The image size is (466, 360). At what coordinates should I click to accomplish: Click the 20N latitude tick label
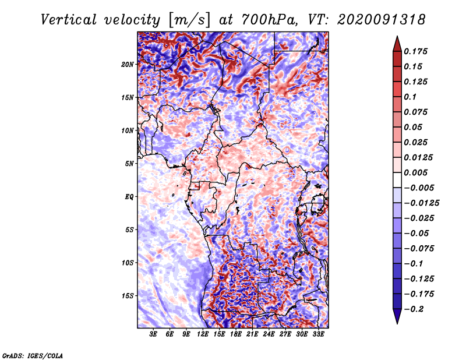pyautogui.click(x=128, y=64)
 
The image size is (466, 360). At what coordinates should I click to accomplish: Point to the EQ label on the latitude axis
pyautogui.click(x=129, y=196)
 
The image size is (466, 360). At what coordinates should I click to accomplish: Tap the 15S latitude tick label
pyautogui.click(x=128, y=295)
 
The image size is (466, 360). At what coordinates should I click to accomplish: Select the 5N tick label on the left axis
pyautogui.click(x=130, y=163)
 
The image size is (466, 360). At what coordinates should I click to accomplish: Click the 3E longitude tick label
pyautogui.click(x=154, y=334)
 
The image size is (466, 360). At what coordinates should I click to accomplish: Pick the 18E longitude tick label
pyautogui.click(x=236, y=334)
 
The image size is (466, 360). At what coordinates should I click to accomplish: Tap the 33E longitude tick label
pyautogui.click(x=318, y=334)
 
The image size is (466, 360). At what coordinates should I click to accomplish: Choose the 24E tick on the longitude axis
pyautogui.click(x=269, y=334)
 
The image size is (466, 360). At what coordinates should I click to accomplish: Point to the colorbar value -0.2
pyautogui.click(x=414, y=309)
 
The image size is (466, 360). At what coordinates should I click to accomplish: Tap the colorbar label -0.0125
pyautogui.click(x=423, y=203)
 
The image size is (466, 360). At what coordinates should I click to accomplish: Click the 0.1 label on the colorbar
pyautogui.click(x=411, y=97)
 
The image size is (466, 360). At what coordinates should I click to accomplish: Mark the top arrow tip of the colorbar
pyautogui.click(x=397, y=37)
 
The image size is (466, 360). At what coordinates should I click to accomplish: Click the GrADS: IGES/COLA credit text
pyautogui.click(x=32, y=355)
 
